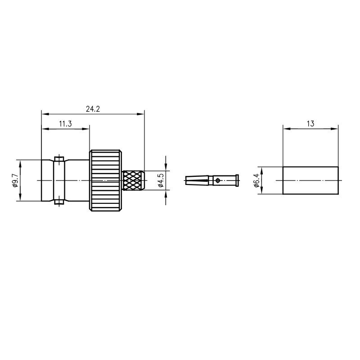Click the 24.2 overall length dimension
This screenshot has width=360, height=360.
click(x=93, y=109)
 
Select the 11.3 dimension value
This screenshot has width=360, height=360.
click(x=65, y=124)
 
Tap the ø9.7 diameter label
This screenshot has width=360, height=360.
click(x=15, y=180)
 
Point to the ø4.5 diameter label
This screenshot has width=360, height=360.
click(x=161, y=180)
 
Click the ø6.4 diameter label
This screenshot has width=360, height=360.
click(x=256, y=180)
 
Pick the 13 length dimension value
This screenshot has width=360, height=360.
click(x=310, y=124)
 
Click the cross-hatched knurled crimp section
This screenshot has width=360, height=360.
click(x=133, y=180)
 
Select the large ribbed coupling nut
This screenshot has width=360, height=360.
click(x=105, y=180)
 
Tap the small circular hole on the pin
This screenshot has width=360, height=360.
click(x=218, y=180)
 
